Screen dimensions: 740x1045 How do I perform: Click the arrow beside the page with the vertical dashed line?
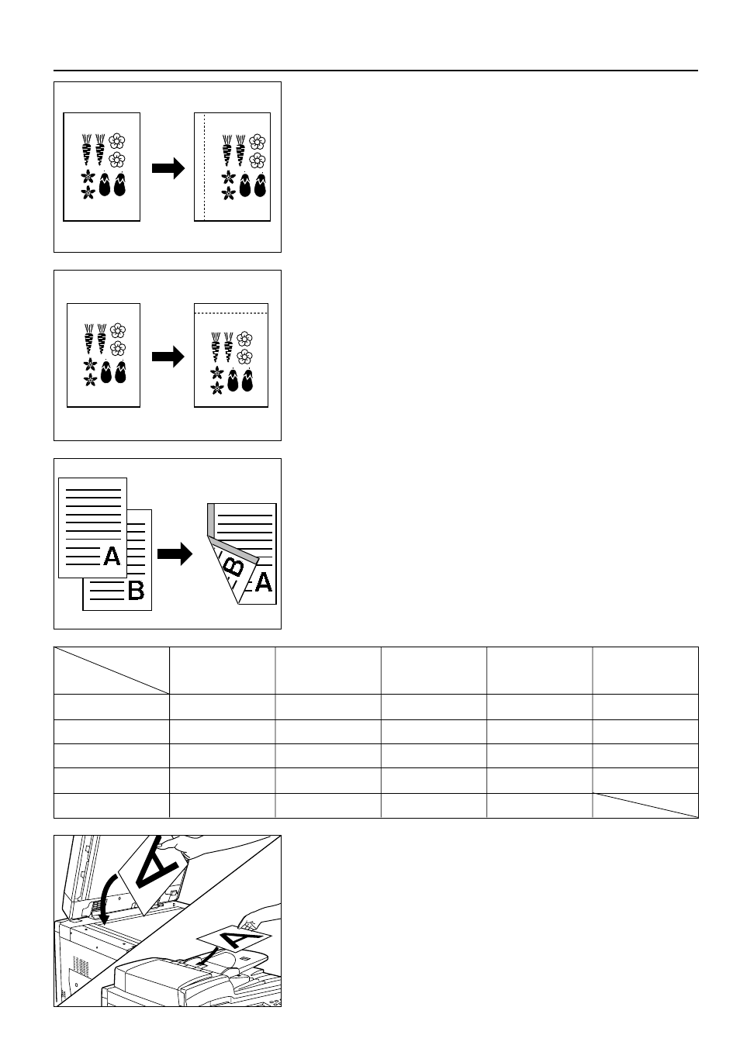(168, 168)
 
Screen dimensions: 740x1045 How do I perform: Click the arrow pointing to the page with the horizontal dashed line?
(168, 357)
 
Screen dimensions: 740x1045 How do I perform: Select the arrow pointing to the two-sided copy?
(175, 554)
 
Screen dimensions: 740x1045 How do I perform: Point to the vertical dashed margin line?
(204, 167)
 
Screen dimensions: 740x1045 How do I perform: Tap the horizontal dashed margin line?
(231, 313)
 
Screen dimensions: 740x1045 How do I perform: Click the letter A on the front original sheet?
(112, 556)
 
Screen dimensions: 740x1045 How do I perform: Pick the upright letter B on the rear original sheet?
(136, 590)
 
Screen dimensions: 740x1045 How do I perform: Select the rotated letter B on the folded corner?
(234, 567)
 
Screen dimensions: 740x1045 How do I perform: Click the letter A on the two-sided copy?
(263, 582)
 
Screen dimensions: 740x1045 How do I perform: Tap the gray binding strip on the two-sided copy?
(211, 520)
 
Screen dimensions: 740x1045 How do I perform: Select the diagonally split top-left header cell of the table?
(112, 671)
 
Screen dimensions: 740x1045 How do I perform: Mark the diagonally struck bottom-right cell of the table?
(645, 805)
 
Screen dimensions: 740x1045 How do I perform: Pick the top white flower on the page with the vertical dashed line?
(258, 141)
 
